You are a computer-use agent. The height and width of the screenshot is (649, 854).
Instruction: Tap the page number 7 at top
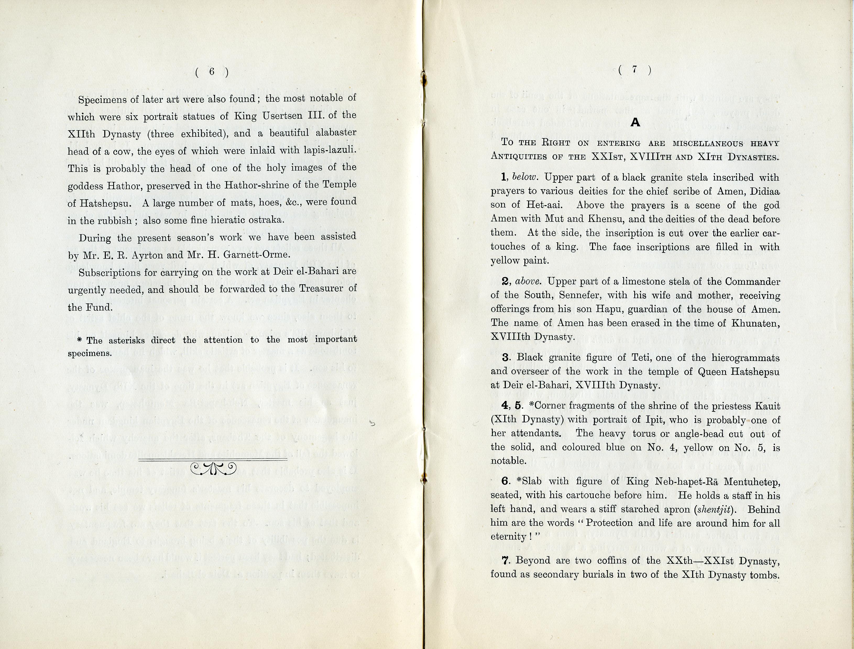pos(634,70)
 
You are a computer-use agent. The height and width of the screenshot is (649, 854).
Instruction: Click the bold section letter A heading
pos(635,122)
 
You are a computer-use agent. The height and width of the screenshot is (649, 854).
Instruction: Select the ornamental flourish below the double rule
pos(213,468)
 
